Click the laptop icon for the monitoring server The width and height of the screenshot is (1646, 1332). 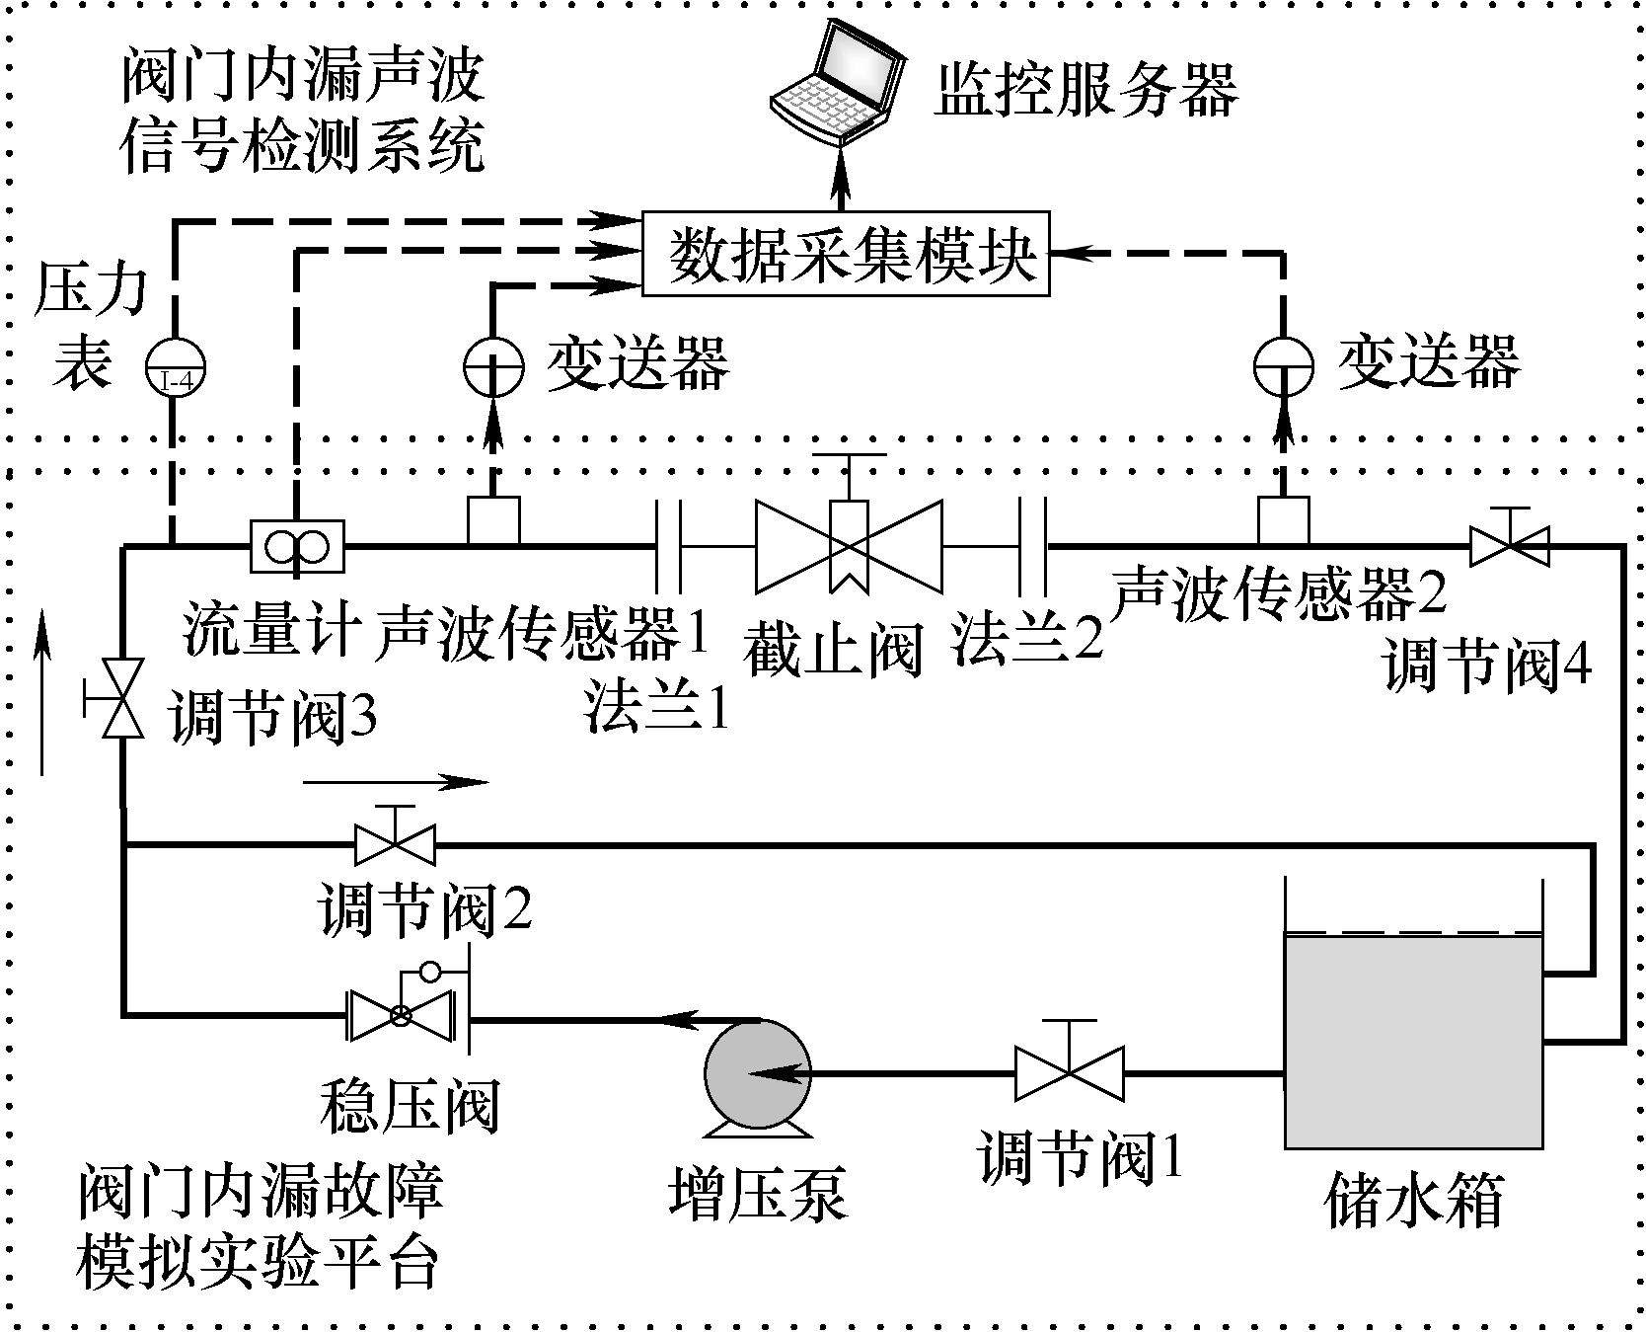[837, 85]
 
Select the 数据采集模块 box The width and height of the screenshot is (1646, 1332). [846, 255]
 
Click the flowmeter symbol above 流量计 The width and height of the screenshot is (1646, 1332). [296, 545]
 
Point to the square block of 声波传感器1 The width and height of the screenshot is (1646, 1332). [492, 519]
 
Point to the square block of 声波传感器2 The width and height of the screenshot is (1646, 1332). [1283, 519]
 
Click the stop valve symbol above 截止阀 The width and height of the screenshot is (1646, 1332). [849, 545]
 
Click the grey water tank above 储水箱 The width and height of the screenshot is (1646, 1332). [1412, 1042]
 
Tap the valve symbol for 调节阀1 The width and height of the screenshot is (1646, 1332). [1069, 1072]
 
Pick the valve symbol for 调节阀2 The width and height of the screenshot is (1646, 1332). [394, 844]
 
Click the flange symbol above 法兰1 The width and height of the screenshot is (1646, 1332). [669, 545]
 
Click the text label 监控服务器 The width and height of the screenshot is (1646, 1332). [1085, 91]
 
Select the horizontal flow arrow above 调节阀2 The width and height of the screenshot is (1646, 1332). [395, 783]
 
